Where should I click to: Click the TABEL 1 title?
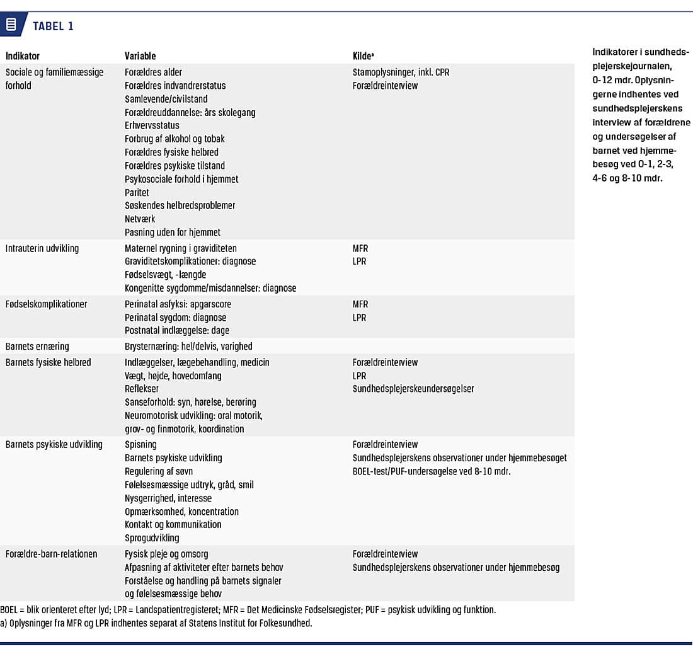click(x=53, y=26)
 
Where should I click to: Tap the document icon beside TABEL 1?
click(x=11, y=25)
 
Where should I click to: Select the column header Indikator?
click(x=23, y=56)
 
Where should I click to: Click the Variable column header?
click(x=140, y=56)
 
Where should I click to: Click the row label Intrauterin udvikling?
click(x=42, y=248)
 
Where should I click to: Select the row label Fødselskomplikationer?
click(x=46, y=304)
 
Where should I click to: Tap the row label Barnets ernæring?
click(x=37, y=347)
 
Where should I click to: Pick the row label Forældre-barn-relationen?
click(x=52, y=554)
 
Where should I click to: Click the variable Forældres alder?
click(x=154, y=72)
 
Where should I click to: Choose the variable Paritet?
click(x=137, y=192)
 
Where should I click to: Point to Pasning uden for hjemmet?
click(x=173, y=232)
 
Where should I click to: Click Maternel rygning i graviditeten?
click(x=181, y=248)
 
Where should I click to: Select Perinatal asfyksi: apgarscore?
click(x=178, y=304)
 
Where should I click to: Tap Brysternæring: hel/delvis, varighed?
click(x=188, y=347)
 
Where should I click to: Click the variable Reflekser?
click(x=142, y=389)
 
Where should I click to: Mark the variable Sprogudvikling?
click(x=152, y=537)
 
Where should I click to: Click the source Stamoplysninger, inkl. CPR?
click(x=401, y=72)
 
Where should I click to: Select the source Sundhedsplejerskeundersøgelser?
click(x=413, y=389)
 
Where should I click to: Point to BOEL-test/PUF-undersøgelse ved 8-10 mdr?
click(x=432, y=471)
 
